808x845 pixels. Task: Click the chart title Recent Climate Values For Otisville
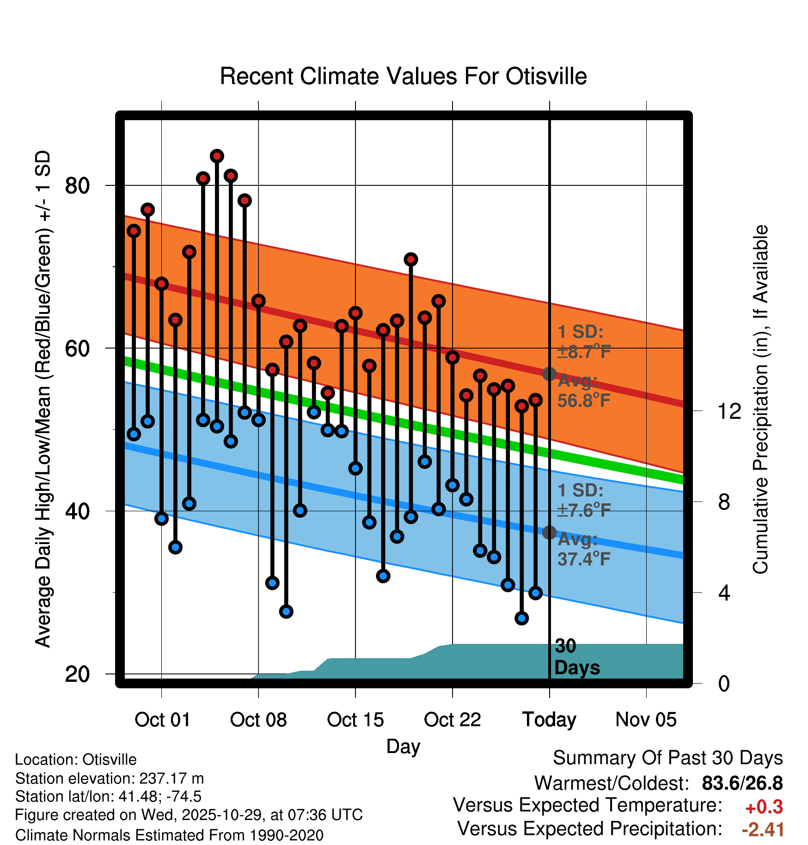click(x=403, y=76)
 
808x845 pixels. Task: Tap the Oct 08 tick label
click(x=258, y=720)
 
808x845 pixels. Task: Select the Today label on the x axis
click(x=549, y=720)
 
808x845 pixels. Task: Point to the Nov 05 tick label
click(x=646, y=720)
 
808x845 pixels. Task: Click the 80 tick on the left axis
click(x=77, y=186)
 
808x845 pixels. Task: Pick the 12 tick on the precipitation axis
click(x=729, y=411)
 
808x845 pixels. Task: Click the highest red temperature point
click(x=217, y=156)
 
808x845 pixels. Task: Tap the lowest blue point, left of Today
click(x=521, y=618)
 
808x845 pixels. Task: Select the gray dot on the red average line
click(x=549, y=374)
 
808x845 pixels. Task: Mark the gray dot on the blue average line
click(x=549, y=533)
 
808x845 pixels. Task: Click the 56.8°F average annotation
click(x=584, y=400)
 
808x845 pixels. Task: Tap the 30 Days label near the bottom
click(x=576, y=657)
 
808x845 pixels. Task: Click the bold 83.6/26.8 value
click(x=742, y=783)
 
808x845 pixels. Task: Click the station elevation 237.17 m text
click(x=109, y=778)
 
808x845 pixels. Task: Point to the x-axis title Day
click(x=403, y=747)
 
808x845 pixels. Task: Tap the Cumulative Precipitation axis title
click(x=760, y=399)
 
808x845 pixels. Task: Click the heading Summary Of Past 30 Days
click(x=667, y=758)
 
